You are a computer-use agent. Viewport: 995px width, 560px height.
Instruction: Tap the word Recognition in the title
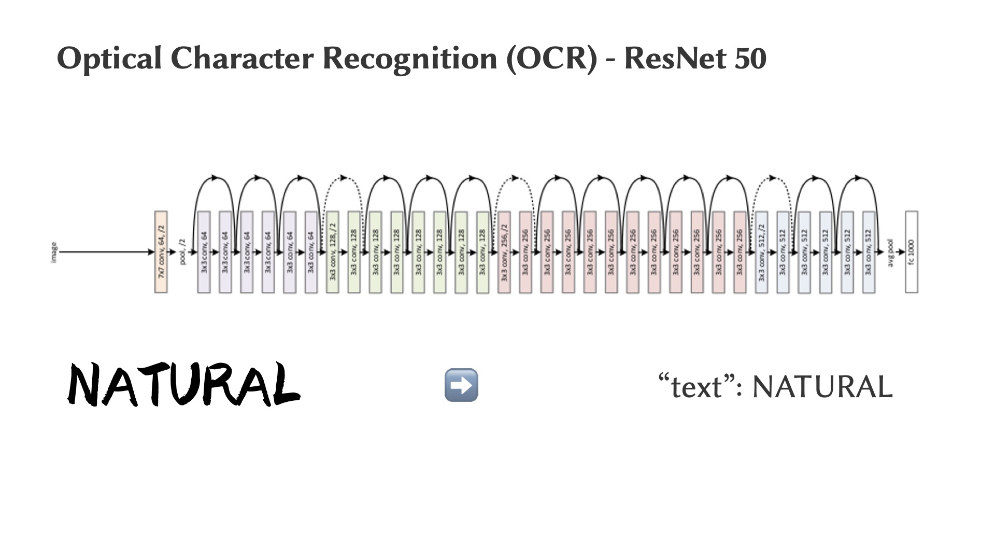click(x=409, y=58)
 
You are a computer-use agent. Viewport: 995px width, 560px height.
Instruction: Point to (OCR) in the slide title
click(x=551, y=58)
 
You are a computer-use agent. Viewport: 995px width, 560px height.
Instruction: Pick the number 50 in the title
click(x=749, y=58)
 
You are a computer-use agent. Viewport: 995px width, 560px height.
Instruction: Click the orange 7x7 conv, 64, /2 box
click(x=161, y=252)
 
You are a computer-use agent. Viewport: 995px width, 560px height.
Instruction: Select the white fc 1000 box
click(x=911, y=252)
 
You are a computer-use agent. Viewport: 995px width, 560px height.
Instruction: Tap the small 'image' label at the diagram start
click(x=54, y=252)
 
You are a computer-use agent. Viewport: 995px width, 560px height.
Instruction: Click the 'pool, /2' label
click(x=182, y=252)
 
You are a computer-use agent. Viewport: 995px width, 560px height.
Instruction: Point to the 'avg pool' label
click(x=891, y=253)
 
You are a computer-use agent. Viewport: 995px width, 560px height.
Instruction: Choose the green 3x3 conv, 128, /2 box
click(x=333, y=252)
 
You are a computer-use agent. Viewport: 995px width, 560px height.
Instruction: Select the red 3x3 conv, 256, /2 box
click(x=504, y=252)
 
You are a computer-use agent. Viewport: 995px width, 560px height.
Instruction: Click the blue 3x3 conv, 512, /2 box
click(x=761, y=252)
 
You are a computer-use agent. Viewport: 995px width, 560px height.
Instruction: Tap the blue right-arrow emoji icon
click(x=461, y=385)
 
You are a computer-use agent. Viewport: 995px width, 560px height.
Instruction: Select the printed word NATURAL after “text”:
click(x=822, y=387)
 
